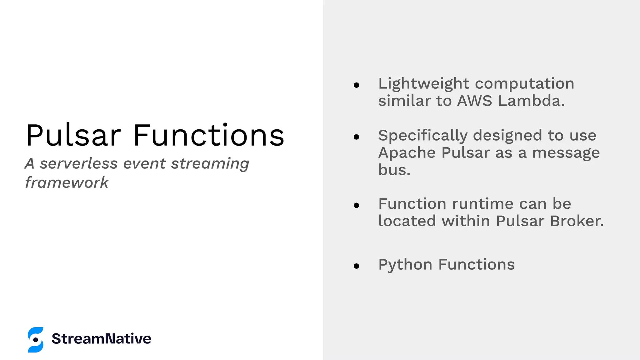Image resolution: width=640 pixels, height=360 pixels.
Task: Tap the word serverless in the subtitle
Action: [79, 163]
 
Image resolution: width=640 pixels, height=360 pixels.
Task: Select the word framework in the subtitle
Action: [67, 182]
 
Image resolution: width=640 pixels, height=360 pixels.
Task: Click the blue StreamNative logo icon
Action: [36, 340]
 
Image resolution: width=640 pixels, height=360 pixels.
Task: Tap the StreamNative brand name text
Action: [101, 339]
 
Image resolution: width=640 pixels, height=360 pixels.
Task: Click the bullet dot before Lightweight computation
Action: [357, 85]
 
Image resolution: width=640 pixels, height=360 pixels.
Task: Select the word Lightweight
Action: [423, 84]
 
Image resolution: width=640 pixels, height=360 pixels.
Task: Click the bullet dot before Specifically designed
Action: [357, 137]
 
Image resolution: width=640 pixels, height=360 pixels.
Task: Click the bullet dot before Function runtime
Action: [357, 205]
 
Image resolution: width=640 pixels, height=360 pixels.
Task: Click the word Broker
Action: [577, 221]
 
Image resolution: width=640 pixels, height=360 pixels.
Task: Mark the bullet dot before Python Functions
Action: [357, 266]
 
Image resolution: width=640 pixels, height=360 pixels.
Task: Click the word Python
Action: [405, 265]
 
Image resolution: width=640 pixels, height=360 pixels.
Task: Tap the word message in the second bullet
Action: [566, 153]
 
